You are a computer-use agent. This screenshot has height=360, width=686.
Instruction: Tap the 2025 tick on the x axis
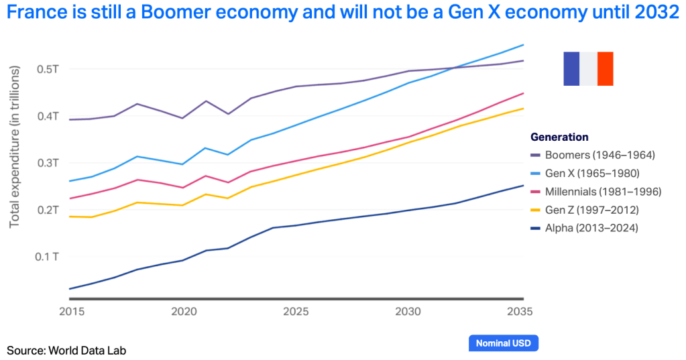pos(296,312)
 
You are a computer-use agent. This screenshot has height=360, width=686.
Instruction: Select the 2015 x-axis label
pos(70,312)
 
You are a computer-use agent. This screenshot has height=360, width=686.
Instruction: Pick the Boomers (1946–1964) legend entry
pos(599,155)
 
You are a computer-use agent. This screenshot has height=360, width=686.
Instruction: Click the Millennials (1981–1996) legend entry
pos(603,192)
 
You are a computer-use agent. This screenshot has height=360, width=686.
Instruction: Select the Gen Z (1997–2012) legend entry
pos(591,210)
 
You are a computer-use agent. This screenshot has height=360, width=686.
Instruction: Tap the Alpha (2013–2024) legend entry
pos(591,228)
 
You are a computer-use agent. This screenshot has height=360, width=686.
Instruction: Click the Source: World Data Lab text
pos(66,350)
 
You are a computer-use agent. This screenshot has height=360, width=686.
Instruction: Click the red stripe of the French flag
pos(606,68)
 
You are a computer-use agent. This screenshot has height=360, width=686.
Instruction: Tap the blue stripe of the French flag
pos(571,68)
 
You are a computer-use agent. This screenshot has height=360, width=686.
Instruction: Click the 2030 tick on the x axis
pos(408,312)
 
